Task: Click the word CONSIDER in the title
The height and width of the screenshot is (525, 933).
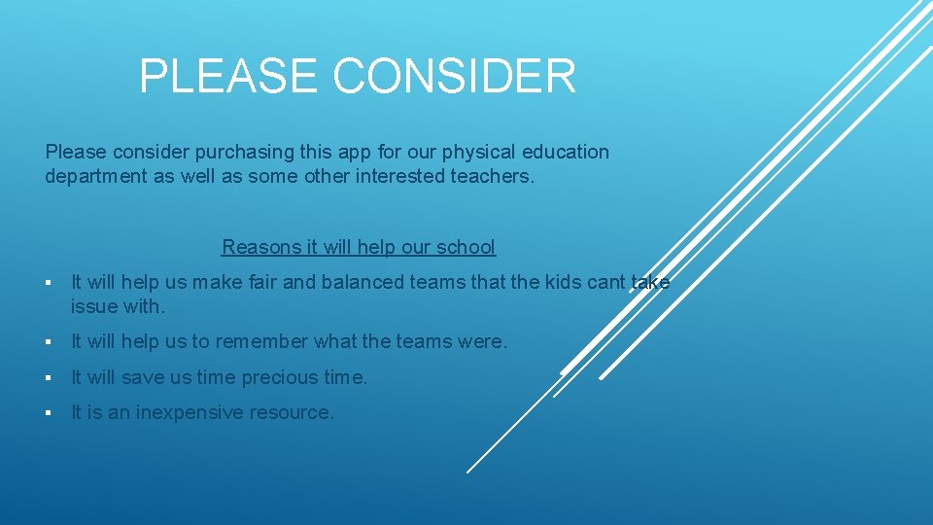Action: click(x=455, y=76)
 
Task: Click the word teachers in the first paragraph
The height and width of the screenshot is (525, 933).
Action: click(x=493, y=177)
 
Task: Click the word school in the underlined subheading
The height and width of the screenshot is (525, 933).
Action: click(x=466, y=247)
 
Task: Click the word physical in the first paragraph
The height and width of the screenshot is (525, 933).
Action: click(x=477, y=153)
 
